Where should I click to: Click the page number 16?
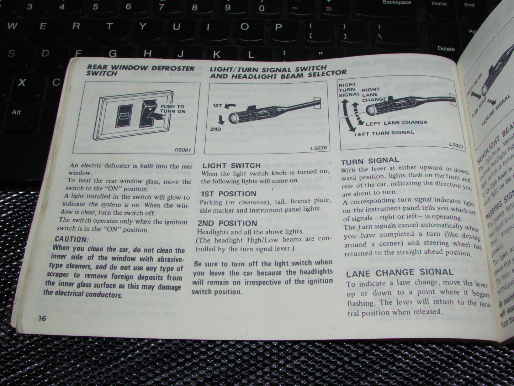[x=42, y=318]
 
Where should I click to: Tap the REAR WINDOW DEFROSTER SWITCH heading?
[x=141, y=70]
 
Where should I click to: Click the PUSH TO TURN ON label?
[x=173, y=109]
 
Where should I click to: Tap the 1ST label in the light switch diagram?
[x=217, y=106]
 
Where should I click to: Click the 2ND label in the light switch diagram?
[x=216, y=129]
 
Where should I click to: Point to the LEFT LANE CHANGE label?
[x=396, y=123]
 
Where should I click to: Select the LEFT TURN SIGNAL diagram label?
[x=384, y=133]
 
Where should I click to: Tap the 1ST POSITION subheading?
[x=228, y=194]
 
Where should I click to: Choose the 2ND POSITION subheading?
[x=227, y=223]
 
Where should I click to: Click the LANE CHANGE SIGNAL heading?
[x=399, y=273]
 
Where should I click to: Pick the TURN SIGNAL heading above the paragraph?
[x=370, y=161]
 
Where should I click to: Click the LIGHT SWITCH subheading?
[x=232, y=166]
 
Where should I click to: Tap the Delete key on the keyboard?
[x=446, y=49]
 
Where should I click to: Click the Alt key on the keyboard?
[x=16, y=113]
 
